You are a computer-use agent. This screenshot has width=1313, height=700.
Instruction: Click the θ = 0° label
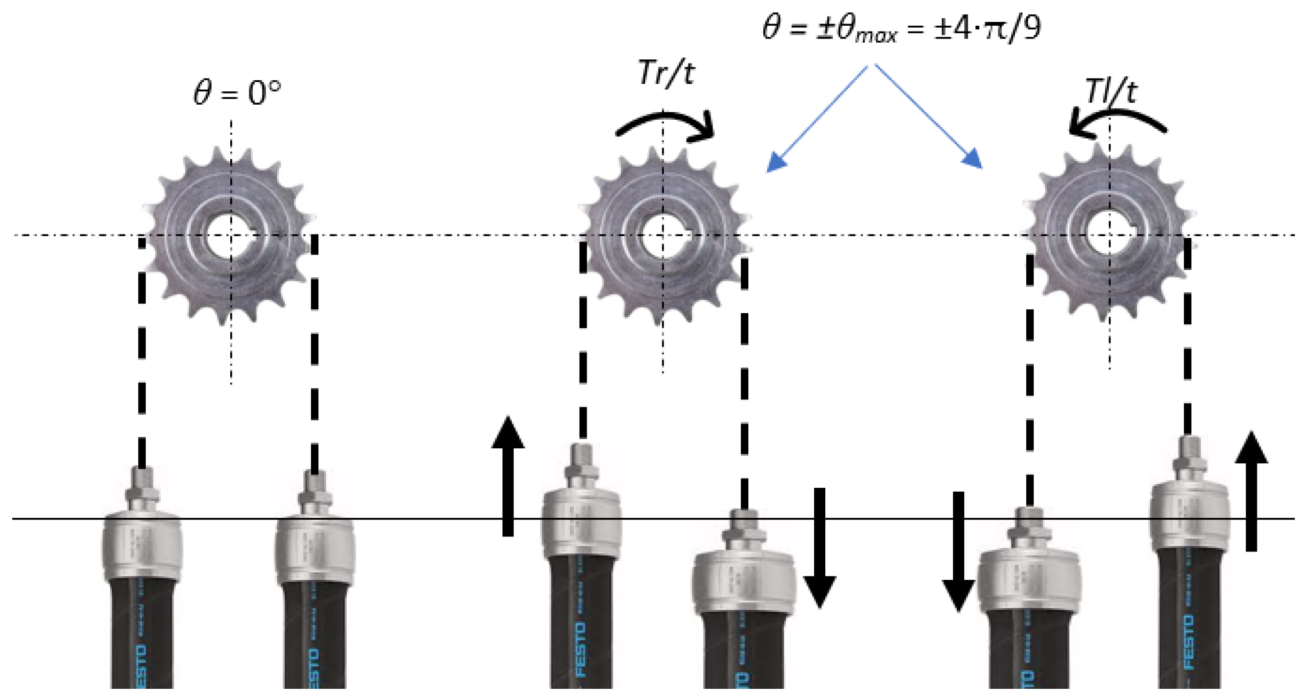click(237, 92)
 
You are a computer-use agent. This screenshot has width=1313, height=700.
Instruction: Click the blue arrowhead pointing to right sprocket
click(973, 159)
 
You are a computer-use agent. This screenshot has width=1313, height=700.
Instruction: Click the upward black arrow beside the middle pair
click(508, 476)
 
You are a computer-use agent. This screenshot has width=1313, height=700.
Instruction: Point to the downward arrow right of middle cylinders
click(819, 548)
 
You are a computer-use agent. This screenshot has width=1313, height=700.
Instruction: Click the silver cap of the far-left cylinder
click(142, 545)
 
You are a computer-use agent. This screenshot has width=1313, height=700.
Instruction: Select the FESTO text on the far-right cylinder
click(1189, 641)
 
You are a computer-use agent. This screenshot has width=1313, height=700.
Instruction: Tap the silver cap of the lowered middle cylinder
click(744, 582)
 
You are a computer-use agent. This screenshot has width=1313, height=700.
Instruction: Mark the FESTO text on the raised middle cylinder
click(581, 649)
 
